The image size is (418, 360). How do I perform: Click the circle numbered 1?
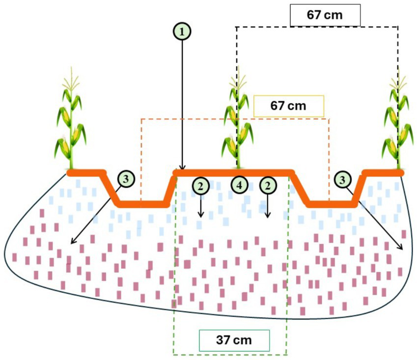(182, 32)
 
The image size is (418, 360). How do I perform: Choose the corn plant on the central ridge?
(238, 123)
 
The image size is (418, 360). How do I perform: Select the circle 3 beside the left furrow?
(127, 179)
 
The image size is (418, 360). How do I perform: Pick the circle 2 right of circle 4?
(267, 185)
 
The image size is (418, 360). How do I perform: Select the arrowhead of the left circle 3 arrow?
(72, 242)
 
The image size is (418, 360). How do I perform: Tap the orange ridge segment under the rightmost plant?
(383, 173)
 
